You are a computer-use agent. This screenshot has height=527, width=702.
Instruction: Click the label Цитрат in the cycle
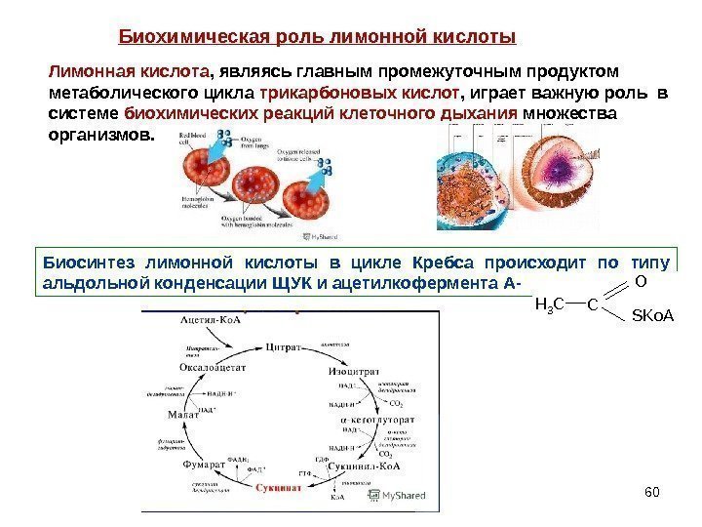pos(286,345)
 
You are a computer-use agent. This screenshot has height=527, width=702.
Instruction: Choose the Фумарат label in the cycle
pos(205,466)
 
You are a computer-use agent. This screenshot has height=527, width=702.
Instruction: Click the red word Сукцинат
pos(280,487)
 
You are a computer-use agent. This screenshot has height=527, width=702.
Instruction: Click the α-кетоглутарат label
pos(377,419)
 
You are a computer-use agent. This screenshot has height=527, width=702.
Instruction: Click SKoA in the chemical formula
pos(652,316)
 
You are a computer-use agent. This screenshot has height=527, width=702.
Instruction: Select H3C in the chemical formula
pos(552,304)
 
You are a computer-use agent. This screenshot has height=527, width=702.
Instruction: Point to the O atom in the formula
pos(640,281)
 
